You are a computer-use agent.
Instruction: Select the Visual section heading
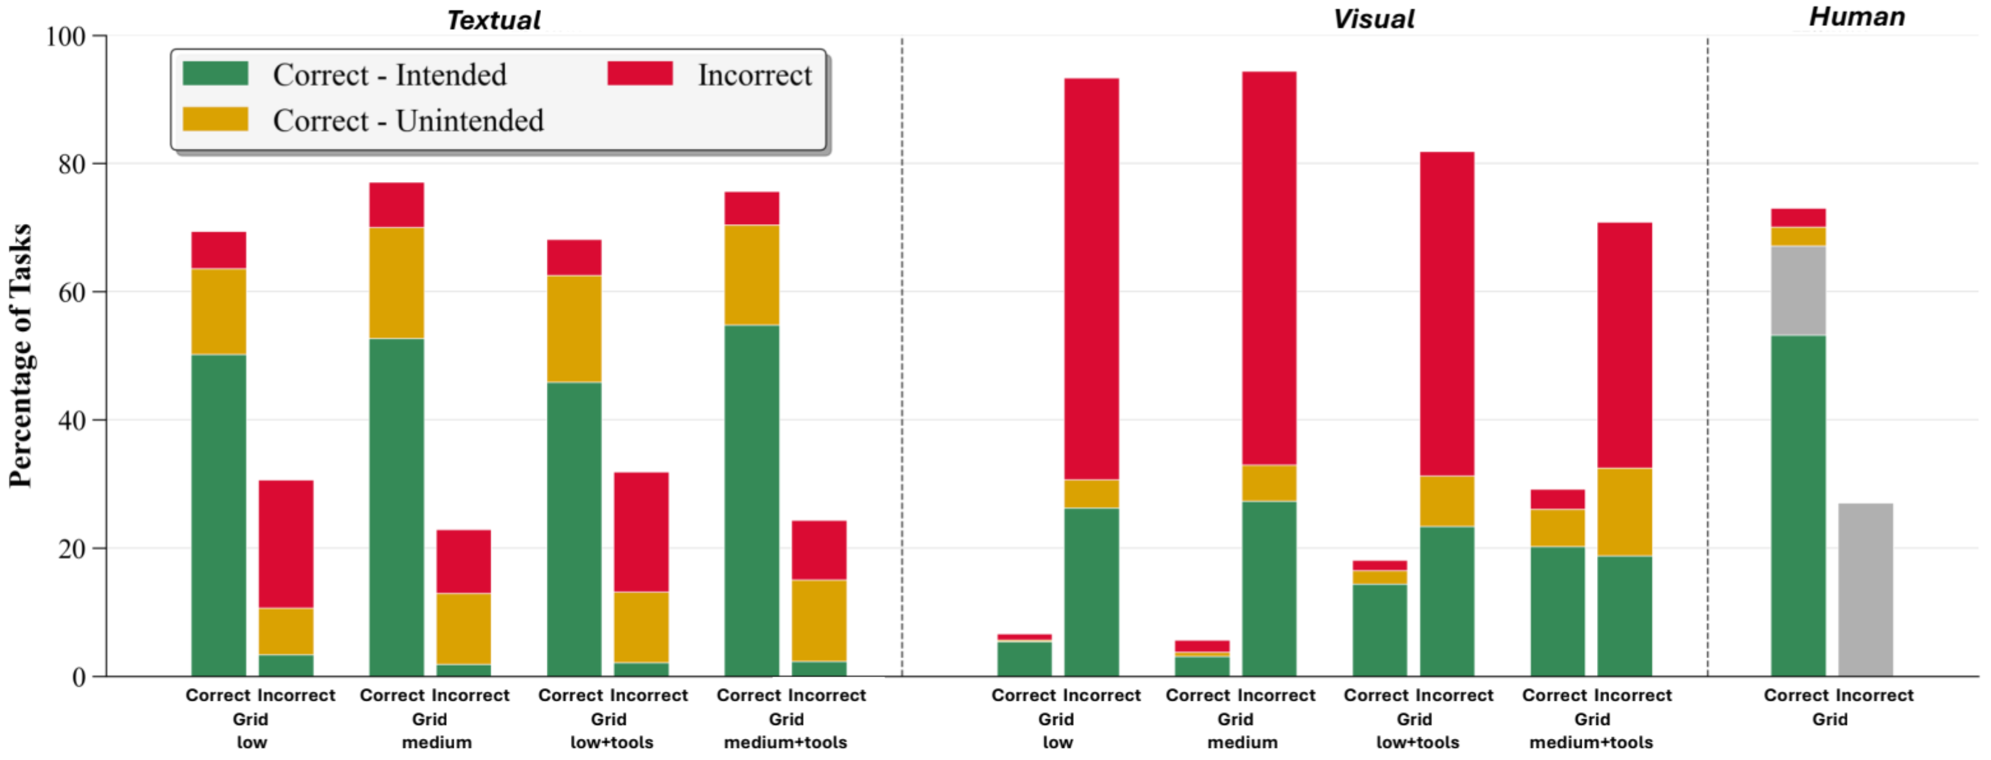(x=1374, y=18)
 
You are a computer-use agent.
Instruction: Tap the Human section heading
(x=1857, y=17)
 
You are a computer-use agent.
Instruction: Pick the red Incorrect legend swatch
(x=639, y=73)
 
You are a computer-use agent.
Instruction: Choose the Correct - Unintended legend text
(x=408, y=120)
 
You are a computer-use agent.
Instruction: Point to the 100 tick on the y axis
(x=66, y=36)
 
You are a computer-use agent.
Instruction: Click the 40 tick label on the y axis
(x=71, y=421)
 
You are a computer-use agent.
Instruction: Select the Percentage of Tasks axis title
(x=21, y=356)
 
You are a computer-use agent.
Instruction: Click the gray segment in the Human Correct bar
(x=1798, y=291)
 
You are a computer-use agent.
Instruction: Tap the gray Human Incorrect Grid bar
(x=1865, y=589)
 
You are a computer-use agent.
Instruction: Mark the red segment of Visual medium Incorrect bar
(x=1269, y=267)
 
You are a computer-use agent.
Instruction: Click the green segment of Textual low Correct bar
(x=219, y=515)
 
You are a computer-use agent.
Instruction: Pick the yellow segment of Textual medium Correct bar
(x=397, y=283)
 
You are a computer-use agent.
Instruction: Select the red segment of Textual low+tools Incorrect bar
(x=641, y=532)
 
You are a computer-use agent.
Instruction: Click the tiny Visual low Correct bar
(x=1024, y=656)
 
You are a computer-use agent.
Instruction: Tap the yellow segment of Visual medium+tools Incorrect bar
(x=1624, y=512)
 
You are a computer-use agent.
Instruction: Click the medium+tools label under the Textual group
(x=785, y=742)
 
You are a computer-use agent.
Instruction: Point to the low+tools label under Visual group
(x=1418, y=742)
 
